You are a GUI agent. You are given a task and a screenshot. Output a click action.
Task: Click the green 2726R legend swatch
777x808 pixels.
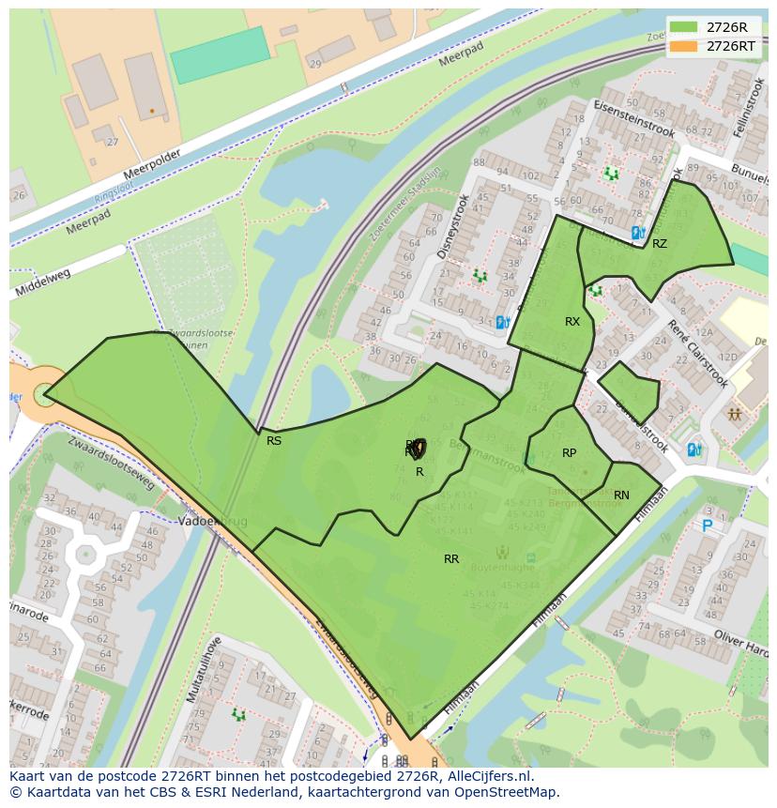click(684, 27)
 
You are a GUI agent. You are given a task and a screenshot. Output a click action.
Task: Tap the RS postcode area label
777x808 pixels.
click(274, 440)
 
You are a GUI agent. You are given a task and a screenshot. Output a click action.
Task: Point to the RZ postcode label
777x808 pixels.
click(660, 244)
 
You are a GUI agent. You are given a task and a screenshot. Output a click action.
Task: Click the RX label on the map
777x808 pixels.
click(572, 322)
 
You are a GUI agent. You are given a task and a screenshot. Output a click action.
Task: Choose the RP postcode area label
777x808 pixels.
click(569, 453)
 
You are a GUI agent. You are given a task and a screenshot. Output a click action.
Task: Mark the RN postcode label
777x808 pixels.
click(621, 495)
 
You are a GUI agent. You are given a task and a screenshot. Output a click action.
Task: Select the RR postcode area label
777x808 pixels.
click(451, 559)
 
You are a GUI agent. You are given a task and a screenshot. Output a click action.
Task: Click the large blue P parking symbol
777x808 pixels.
click(707, 526)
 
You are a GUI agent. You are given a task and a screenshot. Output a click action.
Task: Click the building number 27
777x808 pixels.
click(113, 143)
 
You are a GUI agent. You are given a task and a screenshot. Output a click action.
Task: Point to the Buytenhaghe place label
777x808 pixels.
click(504, 568)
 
